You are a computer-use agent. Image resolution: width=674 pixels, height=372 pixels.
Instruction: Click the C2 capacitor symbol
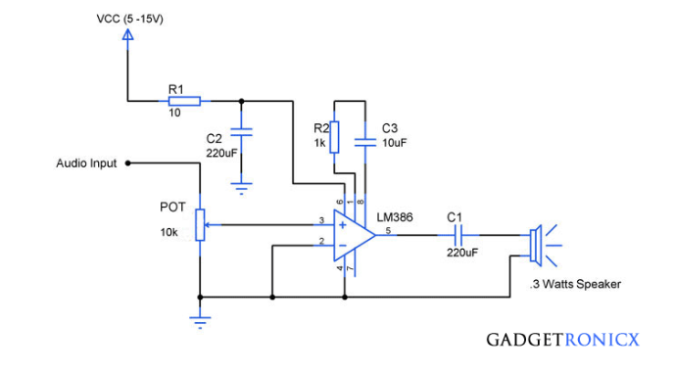click(242, 129)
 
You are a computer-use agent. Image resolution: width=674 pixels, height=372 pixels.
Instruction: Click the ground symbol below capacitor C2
click(242, 183)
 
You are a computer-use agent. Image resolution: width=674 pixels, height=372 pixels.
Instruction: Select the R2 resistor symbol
click(335, 137)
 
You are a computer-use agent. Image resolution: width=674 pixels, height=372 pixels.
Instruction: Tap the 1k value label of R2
click(320, 144)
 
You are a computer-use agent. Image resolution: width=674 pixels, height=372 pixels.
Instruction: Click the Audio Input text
click(85, 163)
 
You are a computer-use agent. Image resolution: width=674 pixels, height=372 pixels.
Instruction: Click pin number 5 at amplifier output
click(388, 230)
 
